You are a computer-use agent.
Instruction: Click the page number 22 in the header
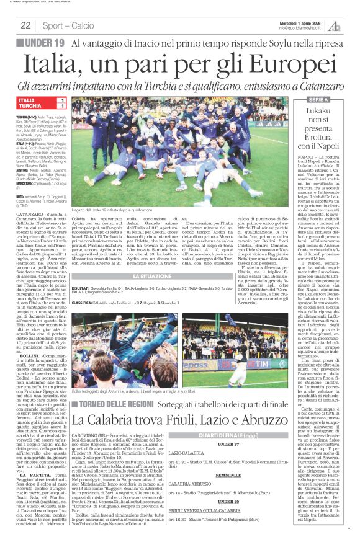(25, 25)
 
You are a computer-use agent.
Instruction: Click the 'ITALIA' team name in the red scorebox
(27, 99)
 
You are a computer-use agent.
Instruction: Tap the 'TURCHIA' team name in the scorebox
(29, 106)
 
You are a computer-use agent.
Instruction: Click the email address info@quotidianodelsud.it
(300, 28)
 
